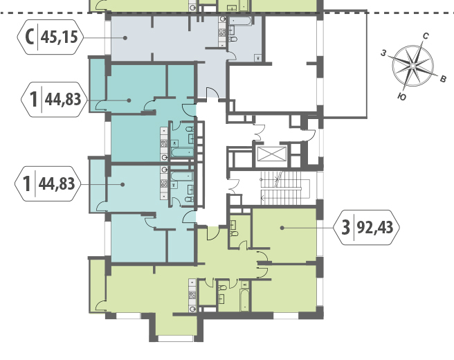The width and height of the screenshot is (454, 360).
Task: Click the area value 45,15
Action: coord(60,37)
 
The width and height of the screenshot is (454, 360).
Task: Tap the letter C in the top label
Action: coord(30,37)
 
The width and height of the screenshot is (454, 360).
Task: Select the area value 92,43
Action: coord(375,228)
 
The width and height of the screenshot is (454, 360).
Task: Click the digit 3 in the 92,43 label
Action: coord(346,227)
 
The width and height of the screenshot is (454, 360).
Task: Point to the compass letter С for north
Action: coord(426,36)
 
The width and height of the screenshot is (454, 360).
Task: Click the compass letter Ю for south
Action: coord(401,97)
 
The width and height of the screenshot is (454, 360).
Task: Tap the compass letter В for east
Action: coord(443,78)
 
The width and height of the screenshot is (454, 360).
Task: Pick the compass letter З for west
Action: coord(383,53)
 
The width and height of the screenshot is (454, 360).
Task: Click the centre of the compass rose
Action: coord(413,66)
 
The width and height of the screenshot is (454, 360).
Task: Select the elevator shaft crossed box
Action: coord(271,154)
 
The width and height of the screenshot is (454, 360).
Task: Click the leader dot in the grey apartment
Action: coord(125,37)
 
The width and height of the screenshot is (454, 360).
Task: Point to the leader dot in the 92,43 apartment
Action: coord(282,228)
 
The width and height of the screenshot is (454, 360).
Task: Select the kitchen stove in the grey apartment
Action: coord(222,32)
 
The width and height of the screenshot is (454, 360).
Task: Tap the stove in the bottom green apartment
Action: coord(192,296)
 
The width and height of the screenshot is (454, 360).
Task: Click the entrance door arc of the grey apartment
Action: coord(212,92)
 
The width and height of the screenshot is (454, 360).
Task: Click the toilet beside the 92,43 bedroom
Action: coord(234,234)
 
